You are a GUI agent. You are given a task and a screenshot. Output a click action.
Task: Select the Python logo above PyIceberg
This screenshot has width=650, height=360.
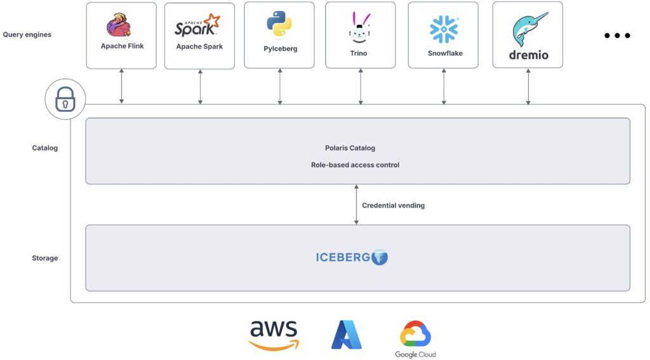coord(279,25)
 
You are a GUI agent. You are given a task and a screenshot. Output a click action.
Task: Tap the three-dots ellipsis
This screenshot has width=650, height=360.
coord(616,36)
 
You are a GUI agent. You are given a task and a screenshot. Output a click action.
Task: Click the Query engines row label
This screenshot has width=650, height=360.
coord(27,34)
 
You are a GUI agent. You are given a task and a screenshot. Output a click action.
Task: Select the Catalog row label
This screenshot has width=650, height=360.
coord(44,148)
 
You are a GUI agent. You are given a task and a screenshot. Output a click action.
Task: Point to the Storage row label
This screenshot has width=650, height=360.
coord(44,258)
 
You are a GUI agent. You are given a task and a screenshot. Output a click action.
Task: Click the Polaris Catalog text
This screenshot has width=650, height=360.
coord(350,148)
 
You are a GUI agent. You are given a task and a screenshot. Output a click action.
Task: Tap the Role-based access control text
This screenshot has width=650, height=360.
coord(355,165)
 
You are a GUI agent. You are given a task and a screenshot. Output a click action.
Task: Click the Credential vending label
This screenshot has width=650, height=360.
coord(393,206)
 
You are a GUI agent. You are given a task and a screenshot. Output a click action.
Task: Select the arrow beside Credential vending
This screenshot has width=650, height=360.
coord(357,204)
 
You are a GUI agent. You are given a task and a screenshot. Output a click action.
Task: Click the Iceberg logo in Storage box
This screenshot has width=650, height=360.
coord(352,257)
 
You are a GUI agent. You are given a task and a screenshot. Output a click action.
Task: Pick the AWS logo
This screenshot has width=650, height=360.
coord(274,335)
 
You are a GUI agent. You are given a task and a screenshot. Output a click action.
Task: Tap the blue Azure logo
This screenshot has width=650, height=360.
coord(347,335)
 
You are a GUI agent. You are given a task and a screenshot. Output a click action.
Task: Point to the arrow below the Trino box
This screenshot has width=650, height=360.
coord(361,86)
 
